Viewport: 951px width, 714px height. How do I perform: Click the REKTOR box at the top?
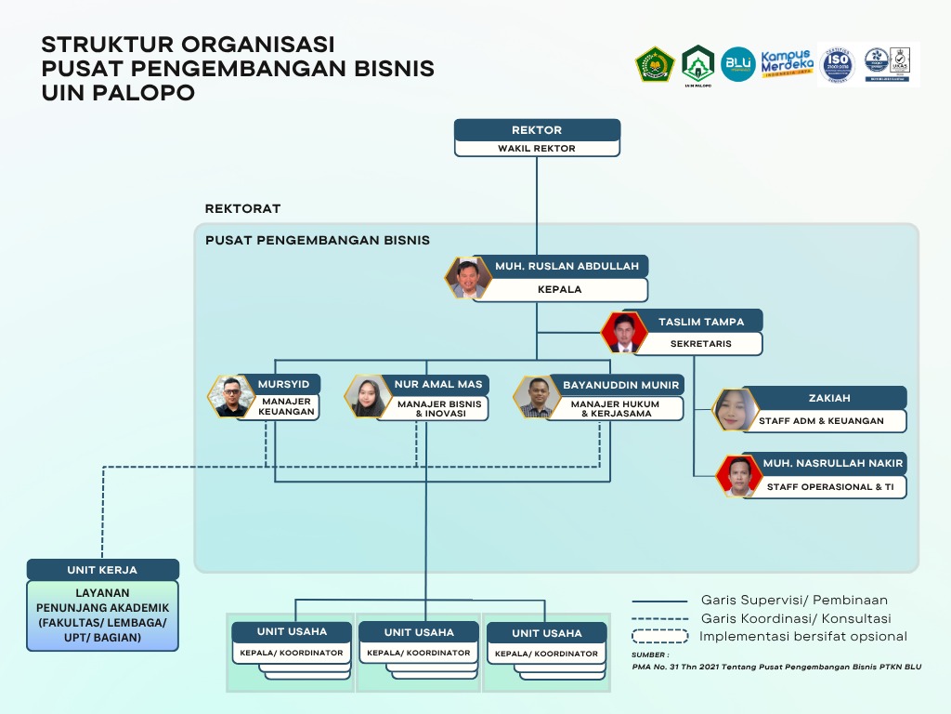(x=537, y=130)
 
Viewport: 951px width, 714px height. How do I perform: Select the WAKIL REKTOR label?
(x=537, y=148)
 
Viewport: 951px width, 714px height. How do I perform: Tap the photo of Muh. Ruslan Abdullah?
(x=468, y=277)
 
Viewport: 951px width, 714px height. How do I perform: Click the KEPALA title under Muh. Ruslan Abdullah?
(x=560, y=289)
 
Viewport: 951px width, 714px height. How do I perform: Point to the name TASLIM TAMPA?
(x=701, y=322)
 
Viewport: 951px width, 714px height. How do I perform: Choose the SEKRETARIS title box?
(x=701, y=343)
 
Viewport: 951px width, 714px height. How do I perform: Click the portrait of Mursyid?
(x=229, y=396)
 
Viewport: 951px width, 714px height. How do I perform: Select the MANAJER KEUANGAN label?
(x=287, y=407)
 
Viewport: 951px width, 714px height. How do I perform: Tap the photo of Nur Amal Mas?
(x=367, y=396)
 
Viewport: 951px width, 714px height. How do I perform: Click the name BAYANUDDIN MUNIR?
(x=621, y=385)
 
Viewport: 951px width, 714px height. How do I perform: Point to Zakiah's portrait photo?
(x=735, y=409)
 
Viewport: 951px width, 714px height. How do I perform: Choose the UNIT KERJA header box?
(x=102, y=570)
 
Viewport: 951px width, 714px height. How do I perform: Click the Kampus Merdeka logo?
(x=786, y=64)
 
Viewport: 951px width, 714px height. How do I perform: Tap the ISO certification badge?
(x=836, y=65)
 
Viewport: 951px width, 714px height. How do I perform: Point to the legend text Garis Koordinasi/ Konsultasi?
(x=796, y=618)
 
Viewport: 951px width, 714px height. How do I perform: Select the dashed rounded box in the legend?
(x=659, y=637)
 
